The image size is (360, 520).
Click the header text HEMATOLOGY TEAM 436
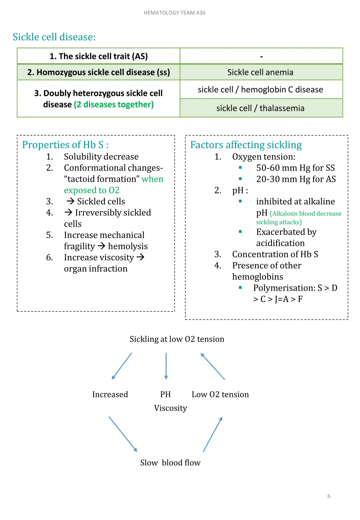pos(174,13)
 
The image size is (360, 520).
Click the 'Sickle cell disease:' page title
pos(54,37)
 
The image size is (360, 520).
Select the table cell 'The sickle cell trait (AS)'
pos(98,56)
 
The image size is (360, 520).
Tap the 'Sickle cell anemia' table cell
pos(260,72)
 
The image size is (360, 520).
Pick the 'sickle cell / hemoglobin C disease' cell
pos(260,90)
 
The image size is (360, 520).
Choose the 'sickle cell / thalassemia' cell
pos(260,108)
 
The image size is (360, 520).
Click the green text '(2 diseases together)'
pos(114,105)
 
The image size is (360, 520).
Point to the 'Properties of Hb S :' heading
pos(65,145)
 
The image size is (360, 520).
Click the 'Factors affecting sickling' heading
pos(246,145)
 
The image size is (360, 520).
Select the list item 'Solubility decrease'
pos(101,156)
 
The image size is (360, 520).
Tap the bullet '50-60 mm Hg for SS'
pos(295,168)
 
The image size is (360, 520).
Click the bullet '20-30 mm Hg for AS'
pos(296,179)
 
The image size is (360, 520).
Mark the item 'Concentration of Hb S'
pos(275,254)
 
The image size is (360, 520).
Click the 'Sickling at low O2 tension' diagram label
pos(177,339)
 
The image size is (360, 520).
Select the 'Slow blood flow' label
pos(170,463)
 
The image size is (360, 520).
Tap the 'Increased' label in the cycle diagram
pos(110,394)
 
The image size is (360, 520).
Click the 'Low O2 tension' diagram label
pos(220,394)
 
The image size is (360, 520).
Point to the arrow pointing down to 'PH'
pos(166,366)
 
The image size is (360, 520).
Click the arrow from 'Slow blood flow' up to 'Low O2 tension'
pos(213,434)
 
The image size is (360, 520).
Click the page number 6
pos(329,496)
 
